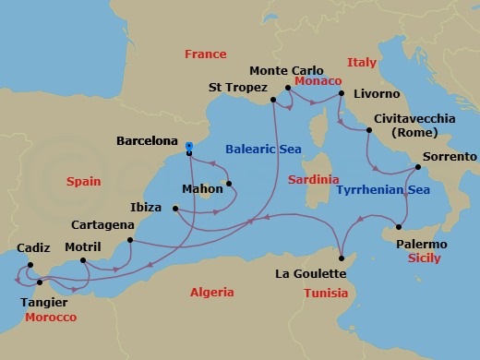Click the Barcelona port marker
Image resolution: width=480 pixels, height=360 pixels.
(188, 146)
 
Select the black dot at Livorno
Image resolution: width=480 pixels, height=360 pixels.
(341, 93)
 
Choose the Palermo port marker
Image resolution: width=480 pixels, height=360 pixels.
(398, 227)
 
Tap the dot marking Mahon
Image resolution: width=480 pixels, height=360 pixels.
(228, 183)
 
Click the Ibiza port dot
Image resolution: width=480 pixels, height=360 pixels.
(174, 209)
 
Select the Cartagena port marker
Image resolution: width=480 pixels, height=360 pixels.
(130, 241)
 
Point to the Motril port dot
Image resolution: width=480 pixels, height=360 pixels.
(83, 260)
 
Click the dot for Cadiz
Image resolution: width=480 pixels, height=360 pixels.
(29, 265)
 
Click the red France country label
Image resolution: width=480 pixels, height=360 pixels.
(205, 54)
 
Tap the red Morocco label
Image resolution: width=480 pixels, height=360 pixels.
(50, 317)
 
